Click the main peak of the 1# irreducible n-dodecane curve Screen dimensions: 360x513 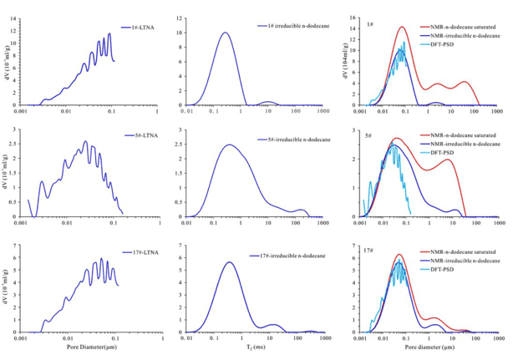coord(225,33)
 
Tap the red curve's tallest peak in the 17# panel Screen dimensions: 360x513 coord(400,255)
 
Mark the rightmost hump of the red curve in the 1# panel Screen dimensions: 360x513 coord(465,82)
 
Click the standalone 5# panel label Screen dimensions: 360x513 coord(368,134)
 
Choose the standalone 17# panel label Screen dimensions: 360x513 coord(370,250)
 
